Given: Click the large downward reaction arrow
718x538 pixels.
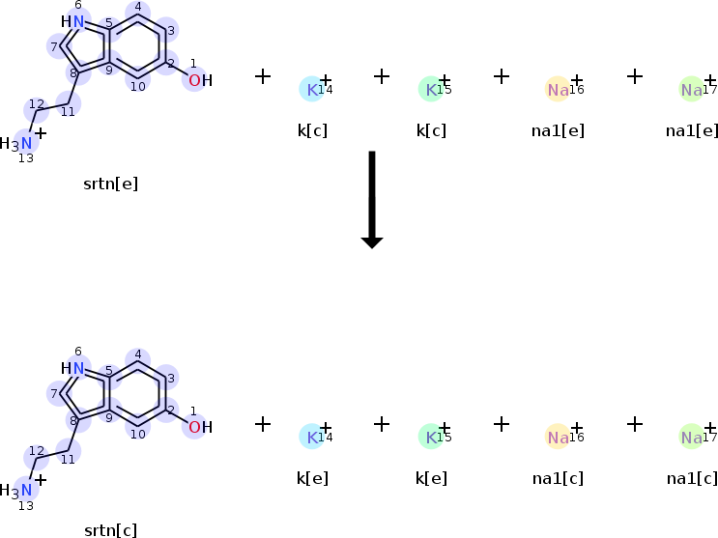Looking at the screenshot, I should click(x=372, y=198).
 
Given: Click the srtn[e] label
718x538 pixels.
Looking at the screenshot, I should click(x=110, y=184).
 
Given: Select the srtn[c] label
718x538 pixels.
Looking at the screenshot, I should click(x=110, y=530).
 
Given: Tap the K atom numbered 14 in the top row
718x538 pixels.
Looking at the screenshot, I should click(x=311, y=90).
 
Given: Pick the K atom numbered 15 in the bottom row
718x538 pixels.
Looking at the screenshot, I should click(x=430, y=438).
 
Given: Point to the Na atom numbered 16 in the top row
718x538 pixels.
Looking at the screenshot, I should click(x=558, y=90).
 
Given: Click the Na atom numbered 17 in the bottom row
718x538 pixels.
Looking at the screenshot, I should click(x=691, y=438).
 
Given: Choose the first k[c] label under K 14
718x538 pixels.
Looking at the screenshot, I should click(x=312, y=130).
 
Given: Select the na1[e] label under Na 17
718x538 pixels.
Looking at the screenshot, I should click(x=692, y=130).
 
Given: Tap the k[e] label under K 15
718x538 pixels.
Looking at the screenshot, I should click(x=431, y=478).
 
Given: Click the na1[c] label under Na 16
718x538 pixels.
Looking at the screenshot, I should click(x=559, y=478).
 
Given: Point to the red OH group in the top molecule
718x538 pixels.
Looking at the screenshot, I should click(x=199, y=80).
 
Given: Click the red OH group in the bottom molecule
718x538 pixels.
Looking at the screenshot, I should click(x=199, y=427).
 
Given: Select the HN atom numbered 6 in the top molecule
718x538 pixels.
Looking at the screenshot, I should click(x=73, y=21).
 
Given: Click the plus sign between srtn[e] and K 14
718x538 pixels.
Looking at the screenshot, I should click(x=262, y=75).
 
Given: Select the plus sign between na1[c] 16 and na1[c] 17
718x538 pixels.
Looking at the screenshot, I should click(x=634, y=423).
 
